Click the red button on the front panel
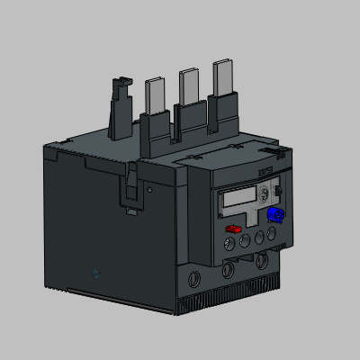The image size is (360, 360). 232,229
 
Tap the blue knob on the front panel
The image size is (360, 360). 274,215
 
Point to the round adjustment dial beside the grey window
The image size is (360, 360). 265,194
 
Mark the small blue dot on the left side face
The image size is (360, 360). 97,271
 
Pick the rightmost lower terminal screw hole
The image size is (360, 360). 261,260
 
